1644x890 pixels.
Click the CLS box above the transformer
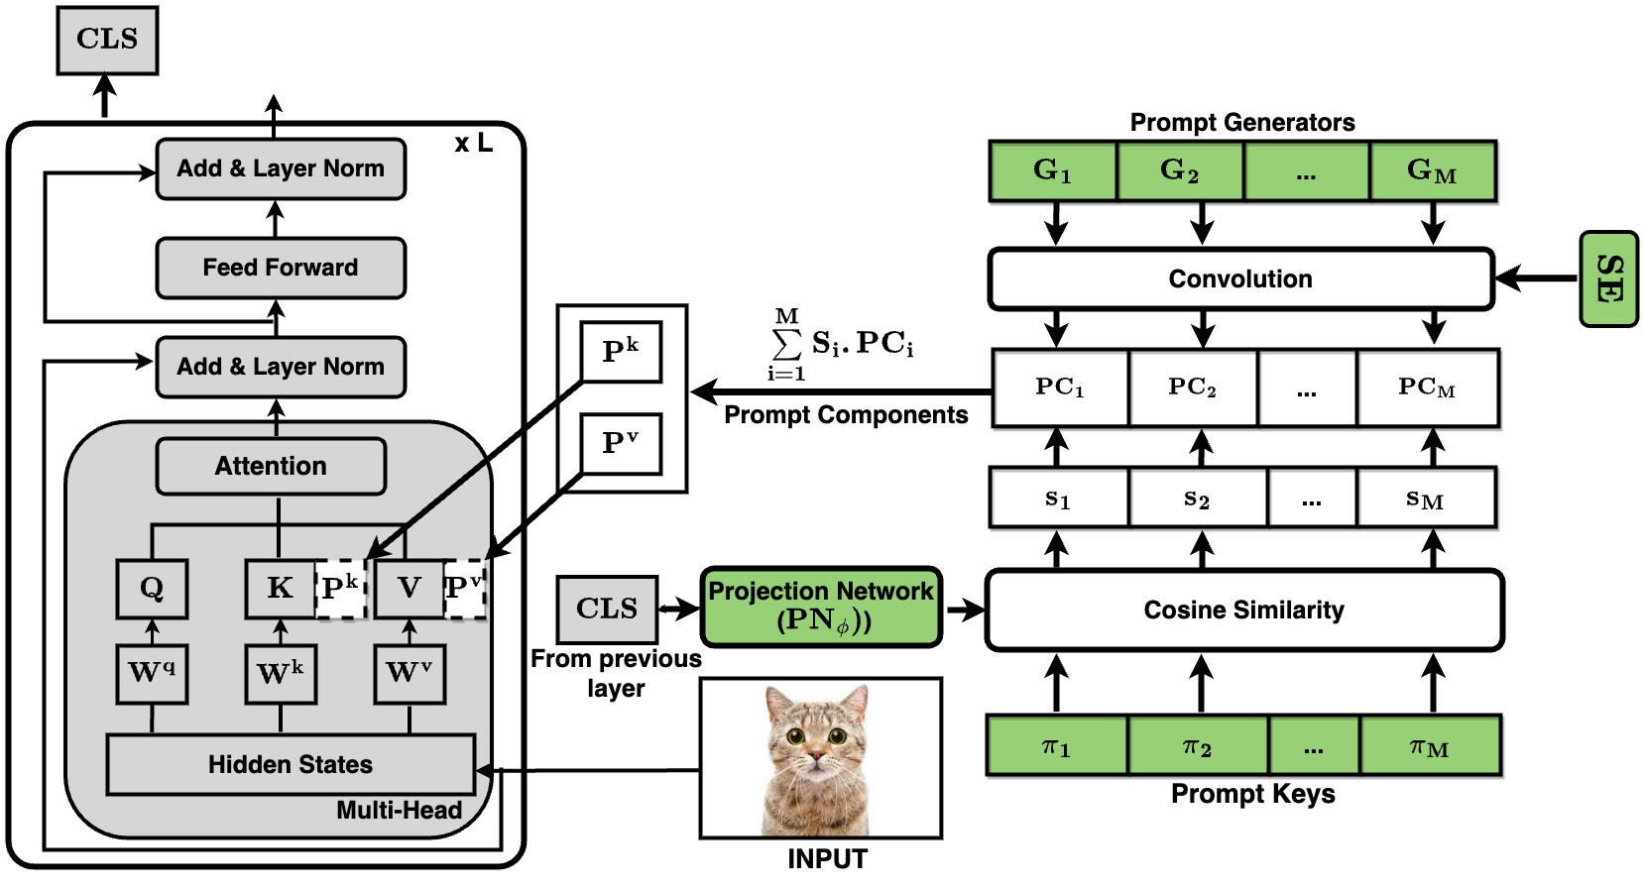pos(107,40)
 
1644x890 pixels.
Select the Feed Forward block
pos(281,268)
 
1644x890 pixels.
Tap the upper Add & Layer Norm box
pos(281,168)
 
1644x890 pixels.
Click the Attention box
pos(271,466)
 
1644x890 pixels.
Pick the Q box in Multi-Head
pos(152,589)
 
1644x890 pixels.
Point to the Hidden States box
pos(291,764)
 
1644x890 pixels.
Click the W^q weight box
pos(152,674)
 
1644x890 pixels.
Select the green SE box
pos(1607,278)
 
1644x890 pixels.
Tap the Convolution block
pos(1240,278)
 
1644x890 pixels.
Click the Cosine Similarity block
pos(1244,610)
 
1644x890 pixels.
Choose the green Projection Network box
pos(821,607)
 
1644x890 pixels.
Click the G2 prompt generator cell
pos(1180,171)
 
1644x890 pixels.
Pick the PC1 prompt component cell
pos(1060,388)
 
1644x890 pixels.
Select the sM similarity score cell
pos(1425,499)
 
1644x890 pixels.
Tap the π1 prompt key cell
pos(1056,746)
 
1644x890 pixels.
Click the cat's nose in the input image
pos(816,756)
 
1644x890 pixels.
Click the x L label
pos(473,144)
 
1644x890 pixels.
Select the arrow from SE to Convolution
pos(1537,278)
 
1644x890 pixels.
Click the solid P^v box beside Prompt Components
pos(621,443)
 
